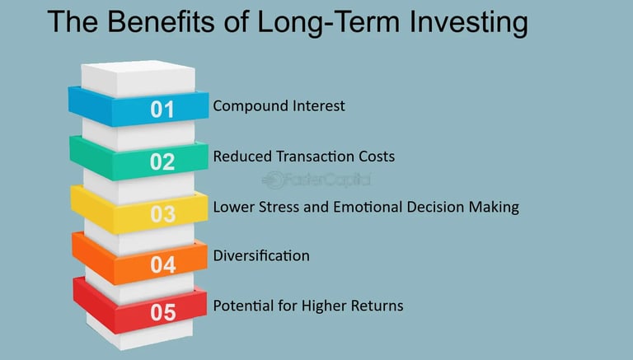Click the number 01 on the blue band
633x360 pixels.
(162, 110)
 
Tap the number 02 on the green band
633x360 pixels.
(162, 161)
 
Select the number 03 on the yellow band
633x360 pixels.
(163, 214)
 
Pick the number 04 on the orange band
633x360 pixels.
(163, 264)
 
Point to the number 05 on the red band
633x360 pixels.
(163, 312)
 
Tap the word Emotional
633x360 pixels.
(368, 207)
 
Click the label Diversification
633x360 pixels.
(261, 256)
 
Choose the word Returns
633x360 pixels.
(377, 306)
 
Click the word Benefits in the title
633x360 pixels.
(161, 21)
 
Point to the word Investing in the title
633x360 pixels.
(468, 23)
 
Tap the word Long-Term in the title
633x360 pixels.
(328, 23)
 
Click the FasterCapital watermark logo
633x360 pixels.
(316, 180)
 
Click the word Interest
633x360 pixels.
(318, 106)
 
